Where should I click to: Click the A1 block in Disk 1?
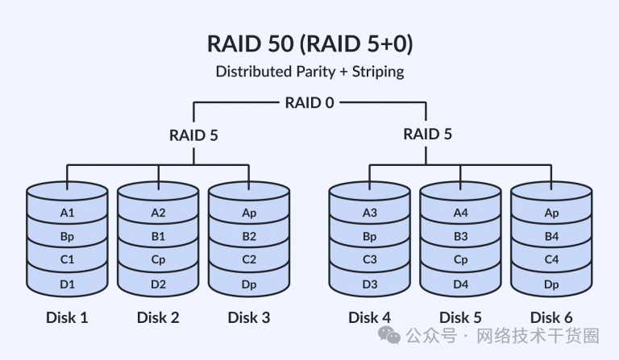(67, 213)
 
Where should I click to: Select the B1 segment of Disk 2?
(158, 236)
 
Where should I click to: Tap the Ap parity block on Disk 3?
(249, 213)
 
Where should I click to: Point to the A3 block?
(370, 213)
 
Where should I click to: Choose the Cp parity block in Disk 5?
(461, 259)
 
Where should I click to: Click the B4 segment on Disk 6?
(551, 236)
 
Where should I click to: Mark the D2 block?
(158, 284)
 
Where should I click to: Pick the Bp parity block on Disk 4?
(370, 236)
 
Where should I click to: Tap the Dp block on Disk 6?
(551, 284)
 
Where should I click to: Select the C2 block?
(249, 259)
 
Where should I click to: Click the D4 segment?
(461, 284)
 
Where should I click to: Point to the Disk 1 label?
(67, 317)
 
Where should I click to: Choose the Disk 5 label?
(461, 317)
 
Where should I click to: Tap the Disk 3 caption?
(249, 317)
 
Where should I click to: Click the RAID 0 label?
(309, 103)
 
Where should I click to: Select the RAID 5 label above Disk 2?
(193, 135)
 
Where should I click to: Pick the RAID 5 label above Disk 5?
(427, 134)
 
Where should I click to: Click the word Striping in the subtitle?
(378, 72)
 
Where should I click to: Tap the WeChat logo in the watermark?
(389, 336)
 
